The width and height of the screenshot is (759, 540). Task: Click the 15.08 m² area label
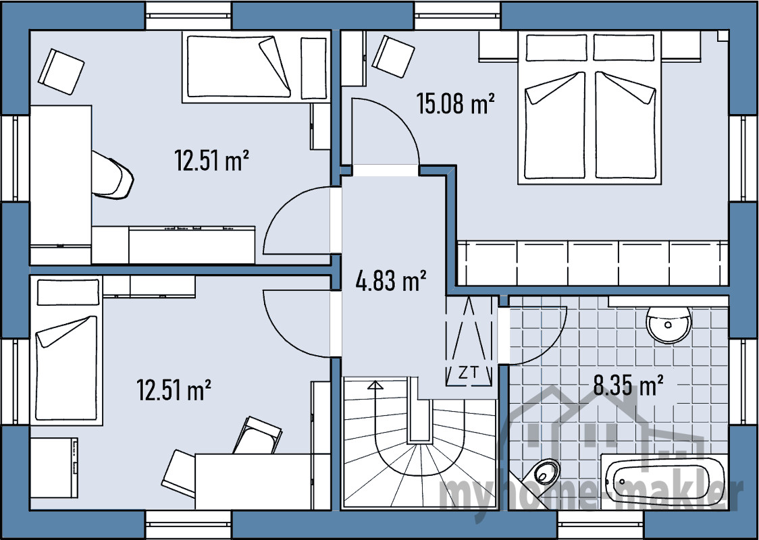455,103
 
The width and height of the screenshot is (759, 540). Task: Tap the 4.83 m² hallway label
390,281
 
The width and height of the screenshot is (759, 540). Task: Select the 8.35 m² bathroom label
628,385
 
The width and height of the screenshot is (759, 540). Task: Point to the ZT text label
468,373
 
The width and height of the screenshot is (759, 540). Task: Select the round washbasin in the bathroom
669,324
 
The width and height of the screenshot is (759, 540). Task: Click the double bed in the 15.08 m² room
589,107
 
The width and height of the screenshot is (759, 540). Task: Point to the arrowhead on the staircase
375,385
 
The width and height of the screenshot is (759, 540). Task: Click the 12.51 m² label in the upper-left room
212,161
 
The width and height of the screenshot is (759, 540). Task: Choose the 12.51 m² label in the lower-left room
174,390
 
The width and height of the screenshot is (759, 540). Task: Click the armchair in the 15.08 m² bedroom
393,56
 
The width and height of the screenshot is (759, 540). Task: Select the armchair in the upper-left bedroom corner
61,72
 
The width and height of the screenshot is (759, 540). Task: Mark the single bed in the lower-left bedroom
66,350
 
